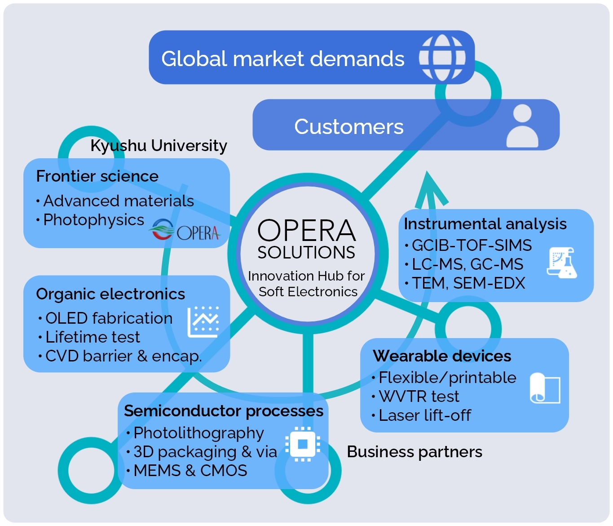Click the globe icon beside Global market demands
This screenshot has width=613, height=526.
click(x=442, y=58)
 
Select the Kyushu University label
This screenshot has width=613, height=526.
click(x=159, y=146)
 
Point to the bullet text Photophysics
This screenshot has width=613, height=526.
click(x=93, y=220)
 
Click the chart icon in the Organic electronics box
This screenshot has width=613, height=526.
click(x=203, y=322)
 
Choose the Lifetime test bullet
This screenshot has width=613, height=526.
click(x=93, y=337)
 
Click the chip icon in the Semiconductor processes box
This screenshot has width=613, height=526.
click(x=302, y=444)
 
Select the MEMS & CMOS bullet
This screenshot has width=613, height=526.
click(x=190, y=471)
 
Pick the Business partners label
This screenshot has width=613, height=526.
click(x=415, y=452)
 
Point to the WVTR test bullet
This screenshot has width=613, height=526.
click(x=419, y=397)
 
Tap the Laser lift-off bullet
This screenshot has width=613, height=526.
click(x=424, y=415)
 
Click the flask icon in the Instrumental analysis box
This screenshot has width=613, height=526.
click(x=562, y=263)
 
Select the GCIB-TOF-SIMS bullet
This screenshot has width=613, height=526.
click(x=472, y=245)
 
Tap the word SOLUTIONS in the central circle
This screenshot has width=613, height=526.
click(x=306, y=253)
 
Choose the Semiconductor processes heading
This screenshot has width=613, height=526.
click(x=224, y=411)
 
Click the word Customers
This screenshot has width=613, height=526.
click(x=349, y=127)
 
